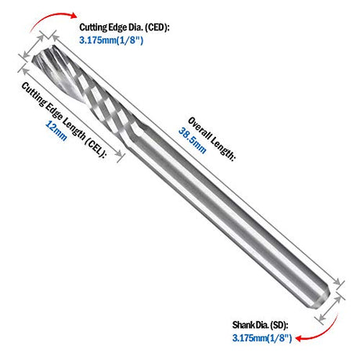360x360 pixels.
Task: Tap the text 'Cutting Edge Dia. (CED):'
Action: [124, 27]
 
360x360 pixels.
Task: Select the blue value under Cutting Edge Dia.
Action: [111, 41]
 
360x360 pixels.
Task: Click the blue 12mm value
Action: [56, 131]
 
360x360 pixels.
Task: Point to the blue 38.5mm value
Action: [193, 140]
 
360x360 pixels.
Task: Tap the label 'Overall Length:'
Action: [212, 139]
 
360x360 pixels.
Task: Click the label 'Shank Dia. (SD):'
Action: [261, 325]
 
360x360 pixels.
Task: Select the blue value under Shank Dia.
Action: [262, 338]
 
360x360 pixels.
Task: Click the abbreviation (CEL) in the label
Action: [96, 149]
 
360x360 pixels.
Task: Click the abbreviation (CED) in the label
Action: [157, 27]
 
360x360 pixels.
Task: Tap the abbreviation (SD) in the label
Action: [279, 325]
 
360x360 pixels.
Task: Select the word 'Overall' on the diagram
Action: [199, 128]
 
